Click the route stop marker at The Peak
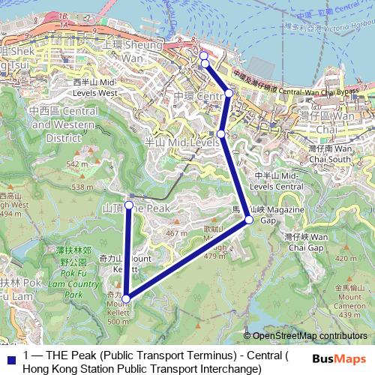[129, 205]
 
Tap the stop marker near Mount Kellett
[126, 298]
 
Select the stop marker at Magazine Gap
[248, 220]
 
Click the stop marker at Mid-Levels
[222, 134]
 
